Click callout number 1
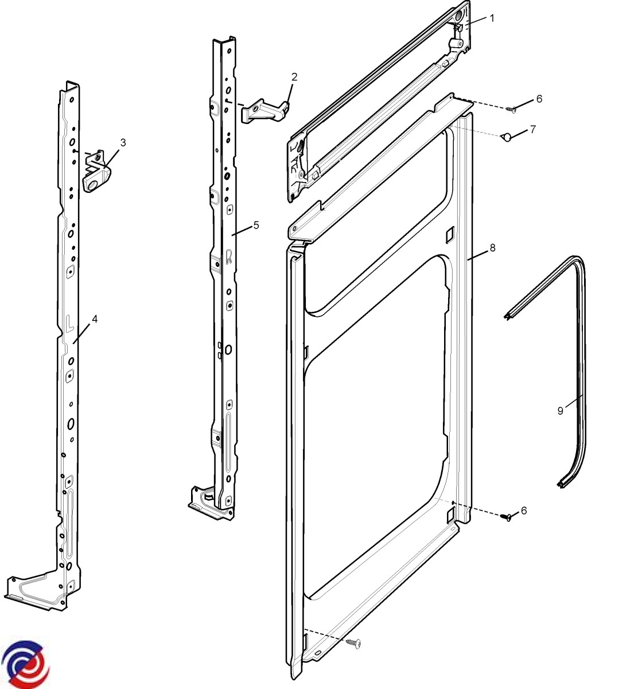point(491,18)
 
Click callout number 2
point(294,76)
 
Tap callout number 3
point(123,142)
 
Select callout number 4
point(95,319)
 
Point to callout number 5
point(256,224)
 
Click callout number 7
point(532,129)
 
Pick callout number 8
point(492,247)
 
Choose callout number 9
point(560,411)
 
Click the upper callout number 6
point(539,98)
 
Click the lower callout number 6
point(523,510)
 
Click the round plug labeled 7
point(506,137)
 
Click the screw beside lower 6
point(506,517)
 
